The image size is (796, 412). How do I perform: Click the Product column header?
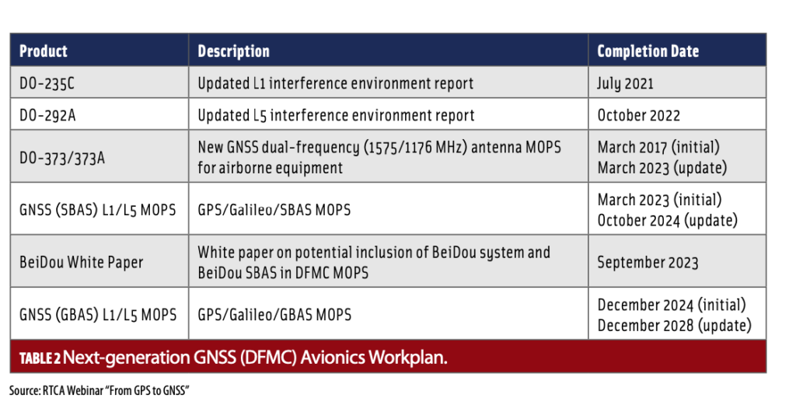44,51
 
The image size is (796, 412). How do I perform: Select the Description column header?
233,51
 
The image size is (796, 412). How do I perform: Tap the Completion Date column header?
648,51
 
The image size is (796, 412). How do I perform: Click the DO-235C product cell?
47,83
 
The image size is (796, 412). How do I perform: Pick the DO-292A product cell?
47,115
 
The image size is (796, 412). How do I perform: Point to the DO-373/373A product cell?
62,158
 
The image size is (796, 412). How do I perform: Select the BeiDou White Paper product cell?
81,262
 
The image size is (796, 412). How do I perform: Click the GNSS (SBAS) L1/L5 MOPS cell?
97,210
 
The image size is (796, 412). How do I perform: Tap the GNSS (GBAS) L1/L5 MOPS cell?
98,315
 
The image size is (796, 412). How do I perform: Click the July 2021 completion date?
626,84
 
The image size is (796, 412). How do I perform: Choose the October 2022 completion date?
639,115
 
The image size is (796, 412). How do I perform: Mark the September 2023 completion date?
648,262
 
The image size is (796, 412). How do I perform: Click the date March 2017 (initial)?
658,147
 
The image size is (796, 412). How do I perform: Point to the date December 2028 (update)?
674,325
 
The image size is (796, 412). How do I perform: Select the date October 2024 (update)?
667,221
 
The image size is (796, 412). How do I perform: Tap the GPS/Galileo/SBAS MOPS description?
274,210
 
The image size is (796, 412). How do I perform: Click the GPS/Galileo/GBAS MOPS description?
274,315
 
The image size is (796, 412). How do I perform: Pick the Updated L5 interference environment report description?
336,115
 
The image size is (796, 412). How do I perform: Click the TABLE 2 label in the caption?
40,358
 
